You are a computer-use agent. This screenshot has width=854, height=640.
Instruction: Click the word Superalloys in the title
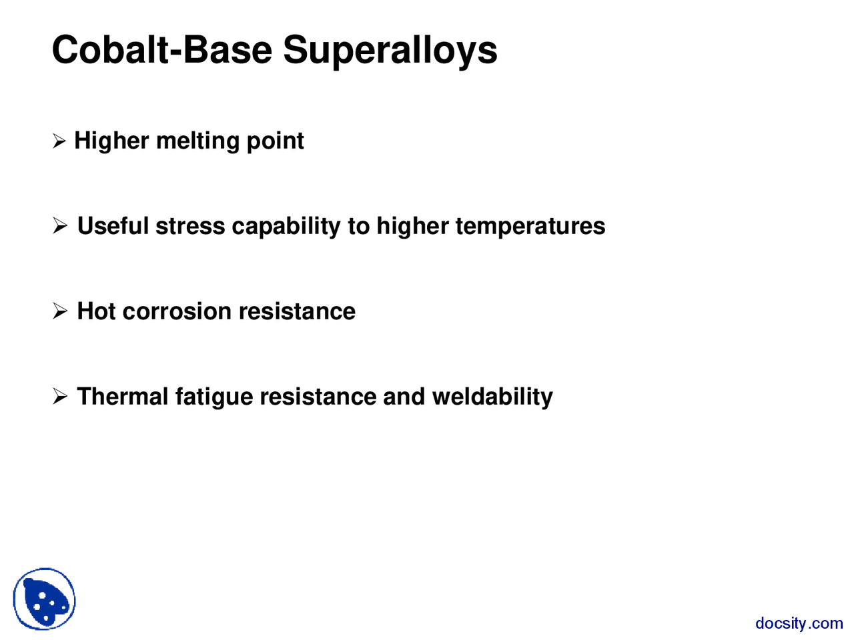[x=390, y=51]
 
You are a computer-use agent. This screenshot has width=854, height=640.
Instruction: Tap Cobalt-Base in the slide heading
[x=162, y=49]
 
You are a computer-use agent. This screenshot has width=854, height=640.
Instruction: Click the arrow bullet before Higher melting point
[x=59, y=141]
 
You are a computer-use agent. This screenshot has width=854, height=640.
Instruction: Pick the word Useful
[x=113, y=226]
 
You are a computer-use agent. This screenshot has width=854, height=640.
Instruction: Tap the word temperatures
[x=530, y=227]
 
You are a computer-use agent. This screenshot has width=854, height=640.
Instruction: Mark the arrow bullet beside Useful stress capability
[x=60, y=227]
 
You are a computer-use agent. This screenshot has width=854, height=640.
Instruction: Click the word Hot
[x=97, y=311]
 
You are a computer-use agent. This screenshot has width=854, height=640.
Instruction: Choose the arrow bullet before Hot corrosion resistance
[x=60, y=311]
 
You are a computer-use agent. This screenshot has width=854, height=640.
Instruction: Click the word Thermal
[x=123, y=397]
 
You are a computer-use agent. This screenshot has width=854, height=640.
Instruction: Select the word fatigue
[x=214, y=397]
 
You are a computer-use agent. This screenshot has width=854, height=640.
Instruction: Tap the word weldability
[x=492, y=397]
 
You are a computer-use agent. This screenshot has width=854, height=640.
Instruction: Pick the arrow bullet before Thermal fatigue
[x=60, y=397]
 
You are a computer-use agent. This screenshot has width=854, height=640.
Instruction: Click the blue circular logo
[x=45, y=599]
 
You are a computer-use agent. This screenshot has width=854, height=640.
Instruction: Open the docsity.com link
[x=799, y=623]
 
